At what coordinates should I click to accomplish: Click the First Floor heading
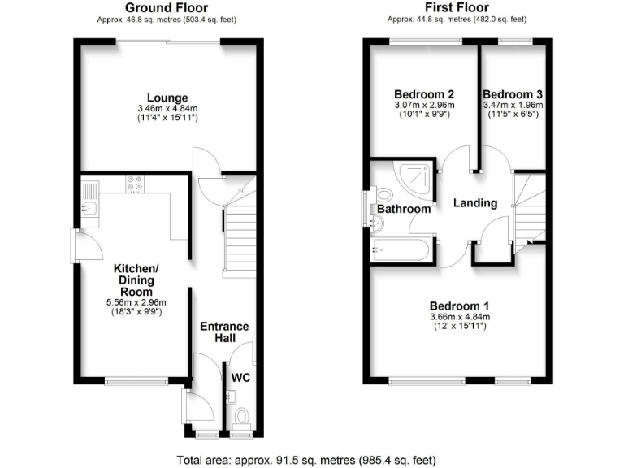coord(456,8)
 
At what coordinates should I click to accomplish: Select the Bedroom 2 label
coord(423,94)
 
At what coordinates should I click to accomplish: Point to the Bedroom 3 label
coord(512,94)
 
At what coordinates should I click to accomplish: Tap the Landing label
coord(475,203)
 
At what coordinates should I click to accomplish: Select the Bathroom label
coord(404,209)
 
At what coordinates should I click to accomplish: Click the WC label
coord(241,378)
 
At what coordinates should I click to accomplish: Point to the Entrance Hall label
coord(224,332)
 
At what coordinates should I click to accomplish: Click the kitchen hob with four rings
coord(135,185)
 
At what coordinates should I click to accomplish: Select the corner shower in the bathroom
coord(415,175)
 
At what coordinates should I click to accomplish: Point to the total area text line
coord(312,460)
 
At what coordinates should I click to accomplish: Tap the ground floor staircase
coord(239,236)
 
